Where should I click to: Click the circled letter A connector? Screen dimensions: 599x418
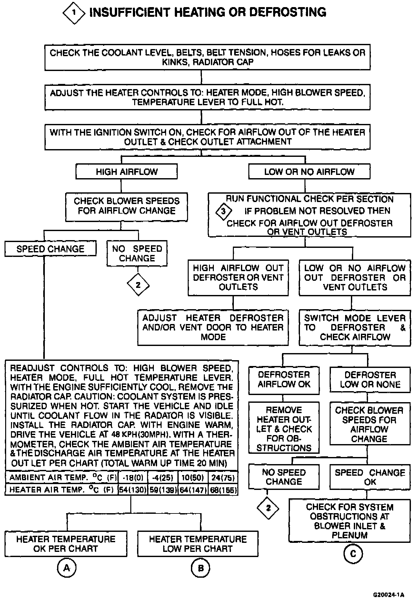(66, 568)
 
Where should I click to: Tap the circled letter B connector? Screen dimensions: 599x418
(200, 568)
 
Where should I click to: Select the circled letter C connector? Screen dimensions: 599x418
(353, 554)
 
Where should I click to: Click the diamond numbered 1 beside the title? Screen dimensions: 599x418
(74, 13)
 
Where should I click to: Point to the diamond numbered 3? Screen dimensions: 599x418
(224, 212)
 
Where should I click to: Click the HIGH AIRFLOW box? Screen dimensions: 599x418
(126, 171)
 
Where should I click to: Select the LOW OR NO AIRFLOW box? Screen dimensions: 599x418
(309, 171)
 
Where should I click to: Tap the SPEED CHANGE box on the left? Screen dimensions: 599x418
(50, 249)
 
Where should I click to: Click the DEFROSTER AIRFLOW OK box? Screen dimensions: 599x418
(284, 380)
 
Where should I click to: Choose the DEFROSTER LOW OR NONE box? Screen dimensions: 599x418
(370, 380)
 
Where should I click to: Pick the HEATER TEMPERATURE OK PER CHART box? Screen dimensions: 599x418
(66, 544)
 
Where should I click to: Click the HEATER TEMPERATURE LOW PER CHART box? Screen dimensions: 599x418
(198, 544)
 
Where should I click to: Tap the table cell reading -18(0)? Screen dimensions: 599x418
(133, 477)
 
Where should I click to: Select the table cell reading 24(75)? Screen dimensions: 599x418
(223, 477)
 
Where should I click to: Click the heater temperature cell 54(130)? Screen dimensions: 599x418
(133, 490)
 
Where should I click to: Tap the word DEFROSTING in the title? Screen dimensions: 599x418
(288, 12)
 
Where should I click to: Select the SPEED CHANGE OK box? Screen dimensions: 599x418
(370, 477)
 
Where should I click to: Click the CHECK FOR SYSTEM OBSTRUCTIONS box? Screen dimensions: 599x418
(350, 521)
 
